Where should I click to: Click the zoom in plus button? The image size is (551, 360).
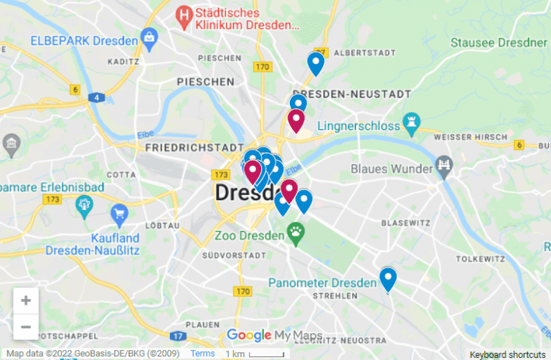26,300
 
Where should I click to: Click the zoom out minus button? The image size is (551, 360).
26,327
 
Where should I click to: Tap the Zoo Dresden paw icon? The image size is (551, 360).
296,231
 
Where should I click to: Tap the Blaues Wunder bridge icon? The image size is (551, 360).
445,169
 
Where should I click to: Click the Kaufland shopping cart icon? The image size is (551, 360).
119,213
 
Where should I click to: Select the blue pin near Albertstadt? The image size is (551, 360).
316,63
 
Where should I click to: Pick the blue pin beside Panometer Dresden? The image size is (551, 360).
388,278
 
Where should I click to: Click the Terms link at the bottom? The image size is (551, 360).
202,354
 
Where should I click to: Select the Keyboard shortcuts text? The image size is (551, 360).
507,354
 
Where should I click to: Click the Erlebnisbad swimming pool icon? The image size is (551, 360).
85,206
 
